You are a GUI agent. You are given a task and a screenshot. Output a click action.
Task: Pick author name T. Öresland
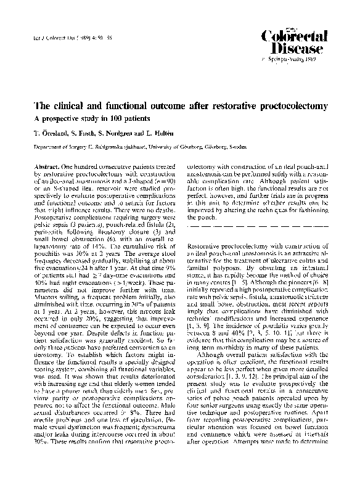coord(49,134)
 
